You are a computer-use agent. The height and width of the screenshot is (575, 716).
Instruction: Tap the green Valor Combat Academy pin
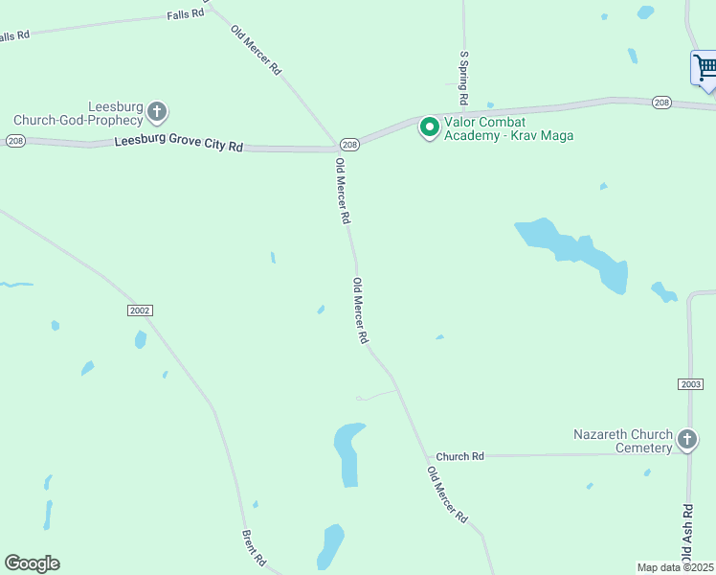430,126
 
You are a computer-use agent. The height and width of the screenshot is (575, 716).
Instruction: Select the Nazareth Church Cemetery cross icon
686,440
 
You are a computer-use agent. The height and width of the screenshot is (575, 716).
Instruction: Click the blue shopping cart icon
705,68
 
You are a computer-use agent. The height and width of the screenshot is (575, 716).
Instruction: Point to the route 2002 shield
139,310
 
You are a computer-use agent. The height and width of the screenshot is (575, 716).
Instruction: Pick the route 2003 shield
690,383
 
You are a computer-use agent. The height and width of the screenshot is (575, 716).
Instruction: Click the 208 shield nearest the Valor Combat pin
349,145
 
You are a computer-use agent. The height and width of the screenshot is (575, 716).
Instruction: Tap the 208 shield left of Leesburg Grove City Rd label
14,141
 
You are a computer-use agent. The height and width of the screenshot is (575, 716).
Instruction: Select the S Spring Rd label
463,79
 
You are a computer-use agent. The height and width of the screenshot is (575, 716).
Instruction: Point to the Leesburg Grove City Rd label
178,146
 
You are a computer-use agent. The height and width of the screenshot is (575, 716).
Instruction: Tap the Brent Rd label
254,547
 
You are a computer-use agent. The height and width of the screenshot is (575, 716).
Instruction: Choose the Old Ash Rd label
686,534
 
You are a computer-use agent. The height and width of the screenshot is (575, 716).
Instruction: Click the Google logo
33,563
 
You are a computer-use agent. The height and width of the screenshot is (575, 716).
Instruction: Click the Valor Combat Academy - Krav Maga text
508,128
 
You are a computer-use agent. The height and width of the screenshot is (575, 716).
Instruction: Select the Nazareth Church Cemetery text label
622,441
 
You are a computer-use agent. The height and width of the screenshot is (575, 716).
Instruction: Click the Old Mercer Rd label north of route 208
257,51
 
